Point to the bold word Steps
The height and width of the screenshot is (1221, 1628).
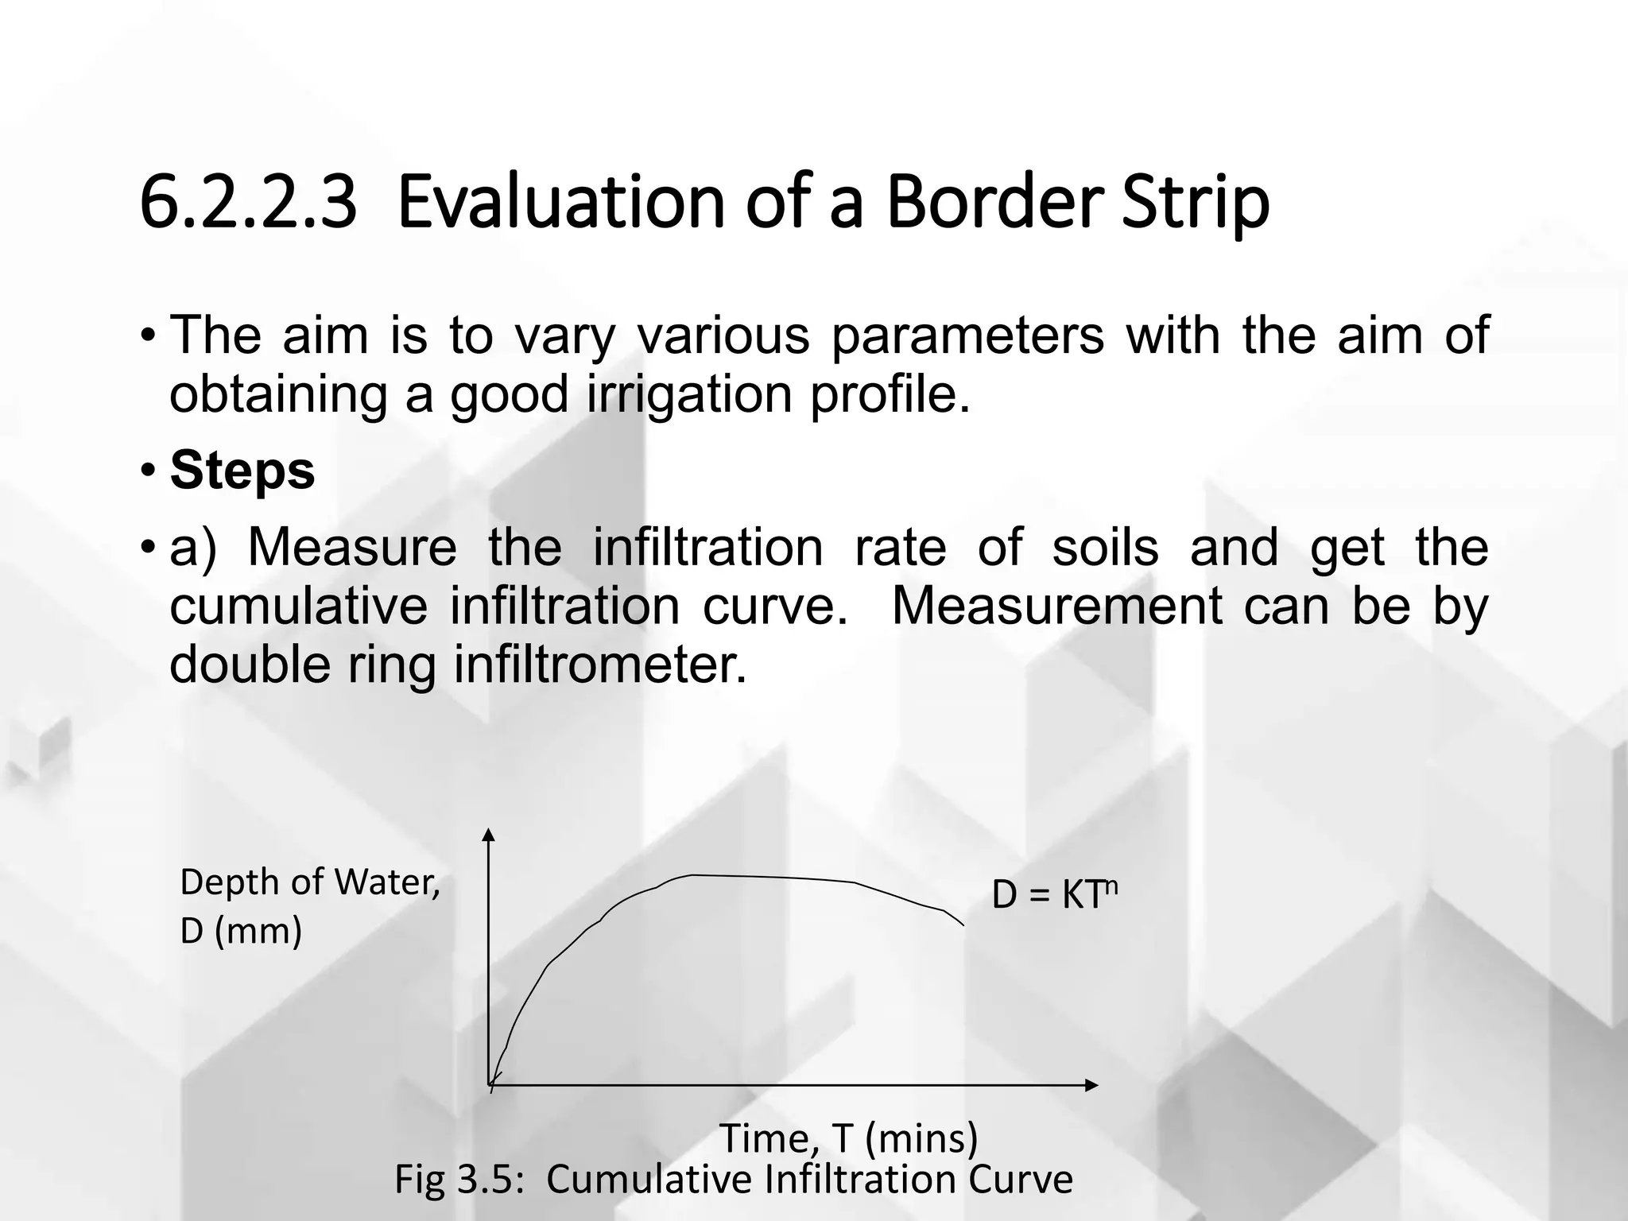pyautogui.click(x=242, y=471)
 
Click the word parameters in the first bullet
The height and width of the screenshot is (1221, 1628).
pyautogui.click(x=967, y=335)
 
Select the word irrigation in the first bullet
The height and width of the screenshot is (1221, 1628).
pyautogui.click(x=690, y=394)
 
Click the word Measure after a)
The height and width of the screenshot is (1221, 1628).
pyautogui.click(x=352, y=548)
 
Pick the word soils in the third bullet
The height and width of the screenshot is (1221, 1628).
pyautogui.click(x=1105, y=548)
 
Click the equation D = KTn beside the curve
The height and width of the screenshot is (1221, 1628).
pyautogui.click(x=1054, y=896)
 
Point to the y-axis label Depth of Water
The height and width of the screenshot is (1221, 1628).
pyautogui.click(x=310, y=882)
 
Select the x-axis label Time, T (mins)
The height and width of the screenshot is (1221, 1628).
pyautogui.click(x=848, y=1138)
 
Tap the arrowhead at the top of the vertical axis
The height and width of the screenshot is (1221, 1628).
pyautogui.click(x=489, y=834)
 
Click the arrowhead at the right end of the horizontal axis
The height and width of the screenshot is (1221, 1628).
pyautogui.click(x=1092, y=1085)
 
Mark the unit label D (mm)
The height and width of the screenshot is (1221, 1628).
pyautogui.click(x=241, y=931)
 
